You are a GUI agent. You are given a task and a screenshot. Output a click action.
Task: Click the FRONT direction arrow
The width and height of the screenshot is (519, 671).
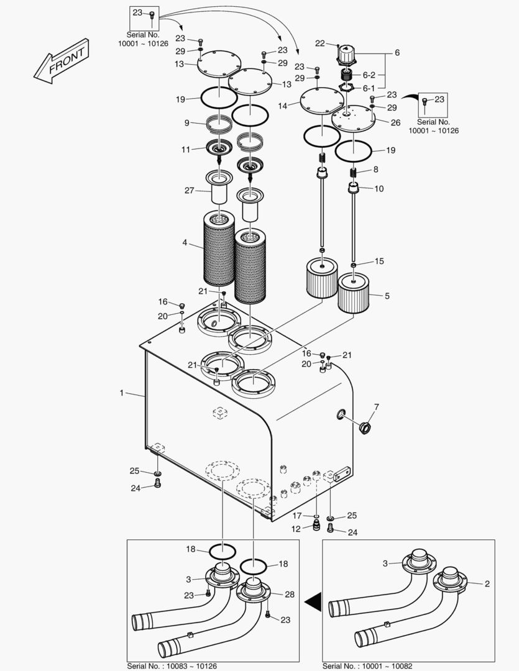click(62, 61)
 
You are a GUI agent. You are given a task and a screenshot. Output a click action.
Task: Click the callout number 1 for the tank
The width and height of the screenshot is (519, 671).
click(122, 393)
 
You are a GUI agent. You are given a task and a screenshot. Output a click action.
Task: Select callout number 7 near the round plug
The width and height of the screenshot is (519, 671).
click(377, 406)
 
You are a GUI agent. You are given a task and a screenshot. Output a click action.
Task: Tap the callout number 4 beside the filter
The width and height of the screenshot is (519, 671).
click(185, 243)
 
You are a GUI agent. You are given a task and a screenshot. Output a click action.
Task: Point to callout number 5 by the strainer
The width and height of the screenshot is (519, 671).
click(387, 296)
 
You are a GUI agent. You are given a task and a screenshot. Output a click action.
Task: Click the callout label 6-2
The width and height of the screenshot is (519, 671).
click(369, 75)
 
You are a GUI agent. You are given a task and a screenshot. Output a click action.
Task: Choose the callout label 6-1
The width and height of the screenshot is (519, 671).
click(369, 89)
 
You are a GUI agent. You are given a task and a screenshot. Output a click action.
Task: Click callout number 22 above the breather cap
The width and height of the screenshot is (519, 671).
click(320, 43)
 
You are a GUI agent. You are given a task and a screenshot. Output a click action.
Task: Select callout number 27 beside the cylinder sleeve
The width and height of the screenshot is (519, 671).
click(190, 191)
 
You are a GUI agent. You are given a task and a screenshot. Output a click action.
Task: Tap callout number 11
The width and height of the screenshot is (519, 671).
click(185, 150)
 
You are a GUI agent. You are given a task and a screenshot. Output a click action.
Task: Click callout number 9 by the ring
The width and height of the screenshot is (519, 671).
click(186, 123)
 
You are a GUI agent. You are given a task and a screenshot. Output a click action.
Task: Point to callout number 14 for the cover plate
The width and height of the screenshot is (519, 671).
click(283, 106)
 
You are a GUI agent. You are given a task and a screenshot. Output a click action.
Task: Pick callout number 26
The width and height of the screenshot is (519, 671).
click(395, 122)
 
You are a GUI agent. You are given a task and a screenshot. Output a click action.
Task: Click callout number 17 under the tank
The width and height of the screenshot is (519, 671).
click(296, 516)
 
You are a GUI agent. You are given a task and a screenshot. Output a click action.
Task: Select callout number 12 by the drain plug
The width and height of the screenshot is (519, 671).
click(296, 529)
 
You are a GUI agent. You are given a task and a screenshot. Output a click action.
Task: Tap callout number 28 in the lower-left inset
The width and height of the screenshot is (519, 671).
click(290, 595)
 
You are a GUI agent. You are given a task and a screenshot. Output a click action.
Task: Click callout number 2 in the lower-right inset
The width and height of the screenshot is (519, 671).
click(487, 583)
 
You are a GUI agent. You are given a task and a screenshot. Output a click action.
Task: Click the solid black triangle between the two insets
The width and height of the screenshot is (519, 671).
click(313, 602)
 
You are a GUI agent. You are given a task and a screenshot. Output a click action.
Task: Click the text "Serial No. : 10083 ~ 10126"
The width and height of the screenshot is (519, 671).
click(172, 666)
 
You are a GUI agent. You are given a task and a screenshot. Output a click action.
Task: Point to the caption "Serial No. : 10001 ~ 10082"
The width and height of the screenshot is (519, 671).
click(367, 666)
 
